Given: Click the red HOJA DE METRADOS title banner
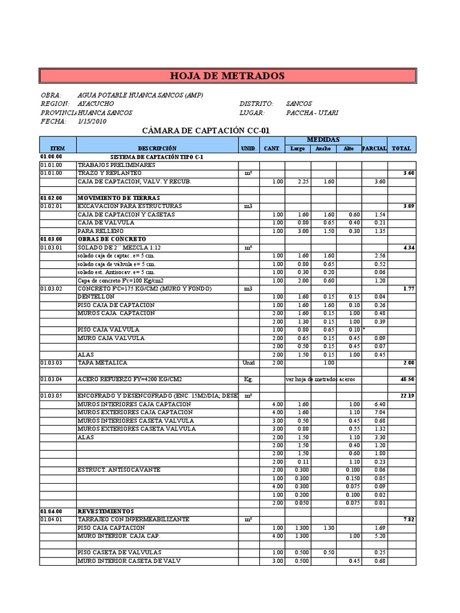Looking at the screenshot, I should coord(228,76).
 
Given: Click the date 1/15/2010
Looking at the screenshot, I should coord(92,121).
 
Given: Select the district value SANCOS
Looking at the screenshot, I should coord(299,104).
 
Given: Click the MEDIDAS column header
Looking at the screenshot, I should coord(323,139).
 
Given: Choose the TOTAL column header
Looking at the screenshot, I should coord(401,148).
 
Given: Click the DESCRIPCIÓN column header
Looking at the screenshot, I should coord(157,148).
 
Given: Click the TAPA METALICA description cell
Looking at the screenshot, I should coord(102,363).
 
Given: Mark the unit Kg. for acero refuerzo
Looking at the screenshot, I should coord(249,379).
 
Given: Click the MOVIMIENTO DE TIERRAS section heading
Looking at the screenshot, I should coord(114,198).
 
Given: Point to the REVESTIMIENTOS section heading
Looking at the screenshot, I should coord(105,511).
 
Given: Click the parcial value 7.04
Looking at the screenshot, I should coord(379,412).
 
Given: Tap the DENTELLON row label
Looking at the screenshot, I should coord(96,297).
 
